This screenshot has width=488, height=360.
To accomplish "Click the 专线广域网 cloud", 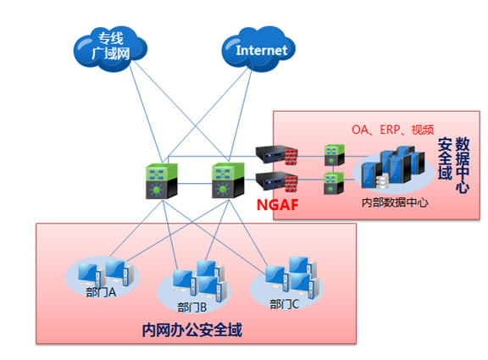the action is (110, 48).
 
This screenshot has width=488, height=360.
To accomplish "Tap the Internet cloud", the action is (258, 49).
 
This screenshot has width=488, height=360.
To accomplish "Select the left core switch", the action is (162, 181).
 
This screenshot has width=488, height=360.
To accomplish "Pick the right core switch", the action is (228, 180).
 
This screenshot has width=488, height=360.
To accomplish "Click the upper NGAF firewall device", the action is (276, 154).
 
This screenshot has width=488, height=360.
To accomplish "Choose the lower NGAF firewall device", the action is (276, 181).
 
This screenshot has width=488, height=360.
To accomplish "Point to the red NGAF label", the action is (278, 205).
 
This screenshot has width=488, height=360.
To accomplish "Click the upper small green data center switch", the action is (335, 155).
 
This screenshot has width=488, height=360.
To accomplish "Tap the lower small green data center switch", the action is (334, 183).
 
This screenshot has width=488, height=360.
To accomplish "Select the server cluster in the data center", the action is (393, 168).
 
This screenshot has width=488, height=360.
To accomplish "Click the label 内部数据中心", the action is (395, 202).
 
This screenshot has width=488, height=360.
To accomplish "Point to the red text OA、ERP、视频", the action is (393, 130).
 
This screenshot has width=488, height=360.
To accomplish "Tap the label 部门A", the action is (101, 292).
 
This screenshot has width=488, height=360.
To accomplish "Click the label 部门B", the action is (192, 307).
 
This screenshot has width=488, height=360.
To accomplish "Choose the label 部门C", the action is (284, 304).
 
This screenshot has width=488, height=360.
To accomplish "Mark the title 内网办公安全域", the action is (192, 330).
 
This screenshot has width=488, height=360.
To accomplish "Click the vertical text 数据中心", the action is (463, 165).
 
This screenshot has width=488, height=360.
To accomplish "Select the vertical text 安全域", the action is (445, 159).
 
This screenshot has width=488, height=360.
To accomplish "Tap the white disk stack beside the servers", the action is (382, 182).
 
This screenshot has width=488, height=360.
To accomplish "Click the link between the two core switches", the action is (195, 184).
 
